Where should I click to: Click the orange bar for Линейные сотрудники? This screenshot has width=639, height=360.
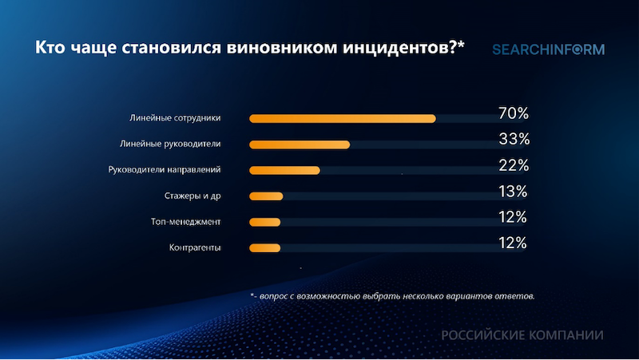pyautogui.click(x=343, y=119)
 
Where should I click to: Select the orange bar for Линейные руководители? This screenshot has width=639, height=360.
pyautogui.click(x=300, y=144)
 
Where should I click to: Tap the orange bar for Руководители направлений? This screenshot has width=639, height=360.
pyautogui.click(x=284, y=170)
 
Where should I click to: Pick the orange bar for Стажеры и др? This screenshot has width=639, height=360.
pyautogui.click(x=266, y=196)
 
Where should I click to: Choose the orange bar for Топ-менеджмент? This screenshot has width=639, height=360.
pyautogui.click(x=264, y=222)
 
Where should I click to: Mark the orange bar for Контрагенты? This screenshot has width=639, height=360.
pyautogui.click(x=264, y=247)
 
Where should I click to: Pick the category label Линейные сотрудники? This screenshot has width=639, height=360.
pyautogui.click(x=175, y=118)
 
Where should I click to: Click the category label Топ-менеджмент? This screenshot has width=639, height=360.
pyautogui.click(x=185, y=221)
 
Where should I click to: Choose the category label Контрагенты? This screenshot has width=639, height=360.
pyautogui.click(x=194, y=247)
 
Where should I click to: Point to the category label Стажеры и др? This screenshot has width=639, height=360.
pyautogui.click(x=192, y=196)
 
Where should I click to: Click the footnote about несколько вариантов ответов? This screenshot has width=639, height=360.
pyautogui.click(x=391, y=295)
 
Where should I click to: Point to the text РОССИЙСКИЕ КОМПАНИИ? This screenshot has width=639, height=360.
pyautogui.click(x=522, y=335)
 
